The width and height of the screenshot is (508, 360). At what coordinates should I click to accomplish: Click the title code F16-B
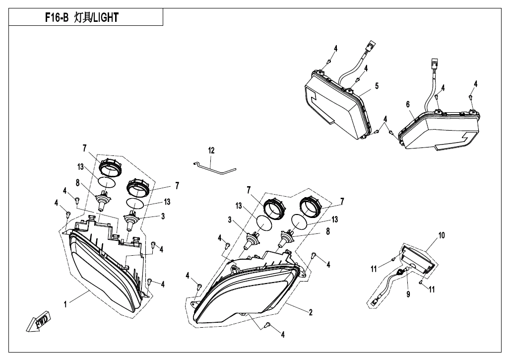(55, 18)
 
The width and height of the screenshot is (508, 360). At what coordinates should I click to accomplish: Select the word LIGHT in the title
(106, 18)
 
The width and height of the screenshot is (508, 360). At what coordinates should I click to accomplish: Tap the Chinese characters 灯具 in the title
(81, 18)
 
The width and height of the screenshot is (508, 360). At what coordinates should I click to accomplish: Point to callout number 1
(65, 304)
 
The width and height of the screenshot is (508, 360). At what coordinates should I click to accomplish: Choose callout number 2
(310, 312)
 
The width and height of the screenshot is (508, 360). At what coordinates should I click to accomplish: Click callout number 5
(377, 86)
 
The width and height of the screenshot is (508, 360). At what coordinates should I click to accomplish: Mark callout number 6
(407, 104)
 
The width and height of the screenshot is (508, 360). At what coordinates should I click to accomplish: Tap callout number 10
(441, 235)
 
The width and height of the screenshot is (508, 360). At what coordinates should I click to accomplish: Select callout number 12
(211, 150)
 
